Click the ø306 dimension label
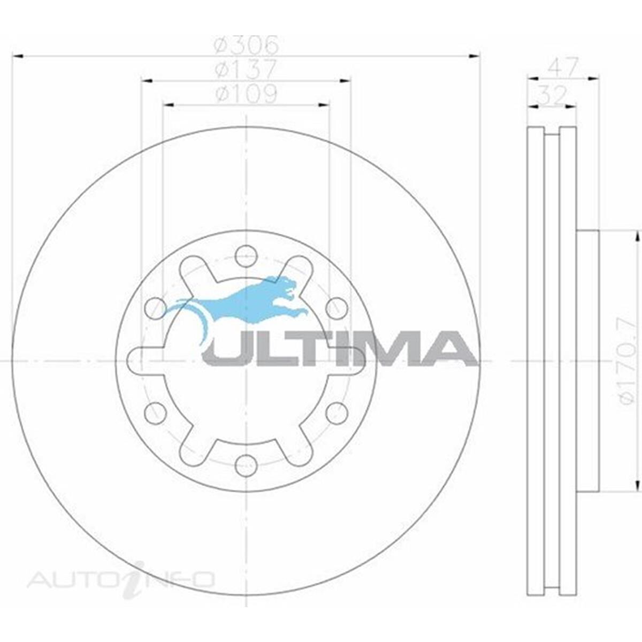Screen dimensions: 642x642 (x=246, y=45)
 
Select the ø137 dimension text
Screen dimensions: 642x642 (x=246, y=69)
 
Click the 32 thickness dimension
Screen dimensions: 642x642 (x=552, y=96)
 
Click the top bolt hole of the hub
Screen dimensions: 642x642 (x=246, y=256)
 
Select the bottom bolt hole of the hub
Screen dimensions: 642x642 (x=246, y=465)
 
